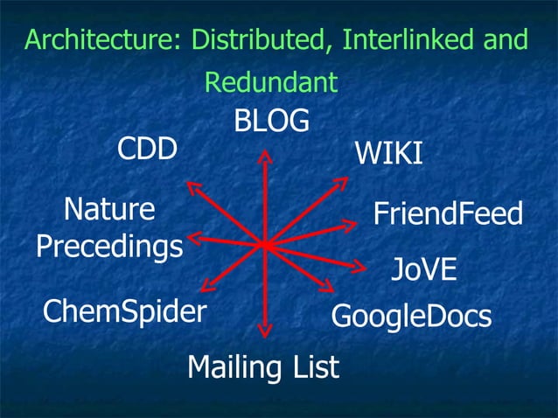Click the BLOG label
coord(271,122)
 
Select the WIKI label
coord(388,154)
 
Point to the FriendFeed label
coord(448,213)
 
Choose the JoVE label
coord(423,268)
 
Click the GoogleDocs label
coord(411,316)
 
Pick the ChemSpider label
coord(124,310)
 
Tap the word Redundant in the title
coord(270,82)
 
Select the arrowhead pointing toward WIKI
coord(341,183)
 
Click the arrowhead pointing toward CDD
coord(192,186)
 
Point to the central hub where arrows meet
coord(265,244)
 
